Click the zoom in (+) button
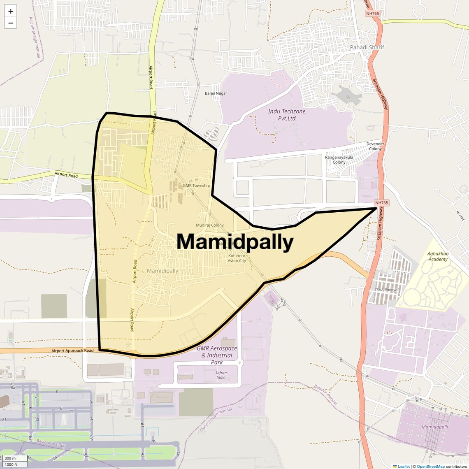[11, 11]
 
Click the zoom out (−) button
[11, 23]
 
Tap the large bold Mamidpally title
[235, 242]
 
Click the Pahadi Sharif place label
[367, 47]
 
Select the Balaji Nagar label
[216, 93]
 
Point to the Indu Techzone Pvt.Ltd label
[287, 115]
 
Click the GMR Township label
[196, 186]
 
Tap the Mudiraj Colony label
[210, 225]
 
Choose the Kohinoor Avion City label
[237, 258]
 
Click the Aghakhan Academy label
[438, 256]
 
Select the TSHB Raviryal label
[386, 290]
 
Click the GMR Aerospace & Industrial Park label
[217, 355]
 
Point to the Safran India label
[221, 375]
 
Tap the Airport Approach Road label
[72, 351]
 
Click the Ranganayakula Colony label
[339, 160]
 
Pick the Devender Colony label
[375, 146]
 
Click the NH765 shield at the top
[372, 14]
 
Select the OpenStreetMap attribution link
[431, 467]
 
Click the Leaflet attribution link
[404, 467]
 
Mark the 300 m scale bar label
[10, 458]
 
